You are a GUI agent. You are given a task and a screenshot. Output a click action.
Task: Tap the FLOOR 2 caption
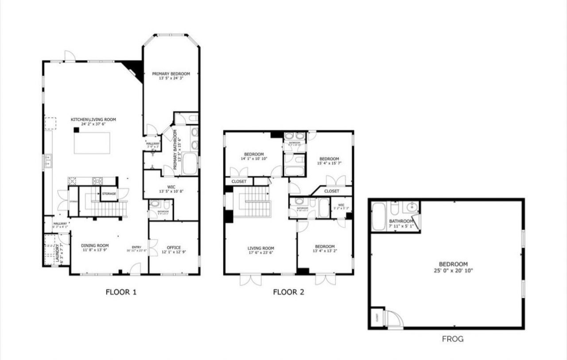[288, 292]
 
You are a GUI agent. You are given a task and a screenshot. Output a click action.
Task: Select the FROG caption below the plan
[453, 339]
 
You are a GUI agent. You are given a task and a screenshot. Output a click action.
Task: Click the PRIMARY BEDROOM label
[171, 74]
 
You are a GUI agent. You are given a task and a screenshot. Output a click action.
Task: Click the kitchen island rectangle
[92, 143]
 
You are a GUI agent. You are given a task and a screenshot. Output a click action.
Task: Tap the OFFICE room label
[174, 248]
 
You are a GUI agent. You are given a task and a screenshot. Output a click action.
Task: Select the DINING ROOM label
[95, 245]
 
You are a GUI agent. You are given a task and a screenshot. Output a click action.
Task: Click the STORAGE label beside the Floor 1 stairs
[109, 194]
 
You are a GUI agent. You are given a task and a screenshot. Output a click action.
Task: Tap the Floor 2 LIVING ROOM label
[261, 248]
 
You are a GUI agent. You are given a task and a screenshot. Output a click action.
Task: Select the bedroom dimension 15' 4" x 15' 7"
[329, 163]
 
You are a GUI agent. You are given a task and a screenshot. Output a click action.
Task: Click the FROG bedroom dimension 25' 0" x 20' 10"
[447, 270]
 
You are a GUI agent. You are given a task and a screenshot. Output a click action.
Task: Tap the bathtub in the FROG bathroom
[379, 217]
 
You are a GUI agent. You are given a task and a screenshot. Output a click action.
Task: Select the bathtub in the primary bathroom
[190, 163]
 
